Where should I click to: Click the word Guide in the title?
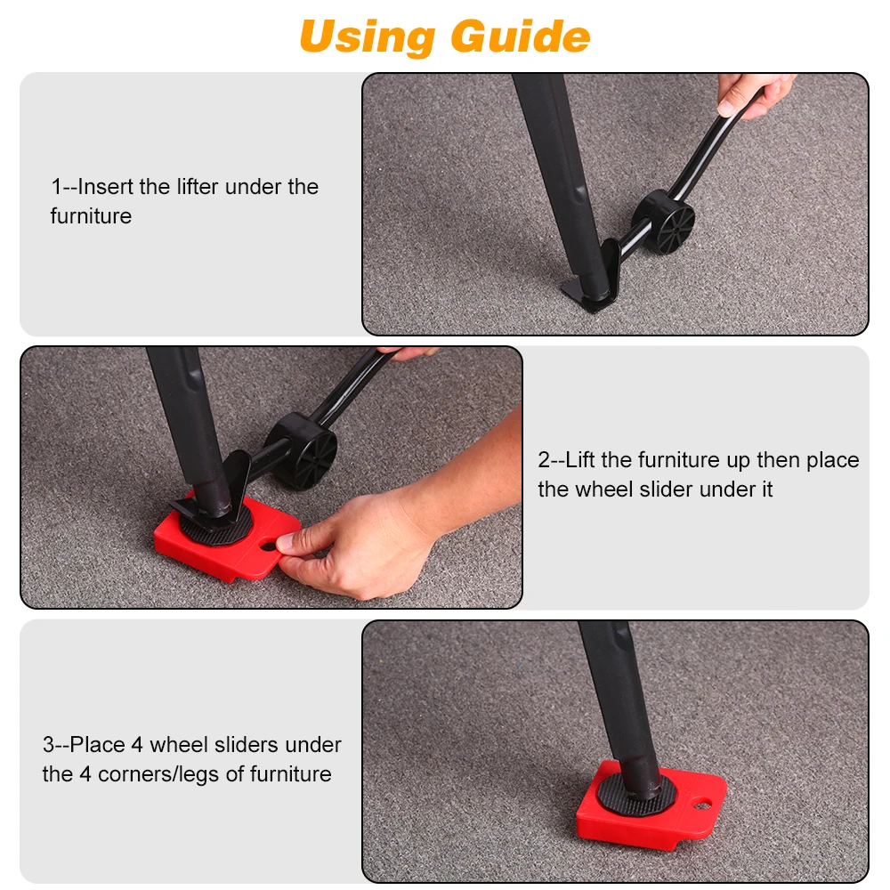521,37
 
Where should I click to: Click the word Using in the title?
368,37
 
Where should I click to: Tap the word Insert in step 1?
106,187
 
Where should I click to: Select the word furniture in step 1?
91,216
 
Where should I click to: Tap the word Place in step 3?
97,745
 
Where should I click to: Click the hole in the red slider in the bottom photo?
703,805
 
